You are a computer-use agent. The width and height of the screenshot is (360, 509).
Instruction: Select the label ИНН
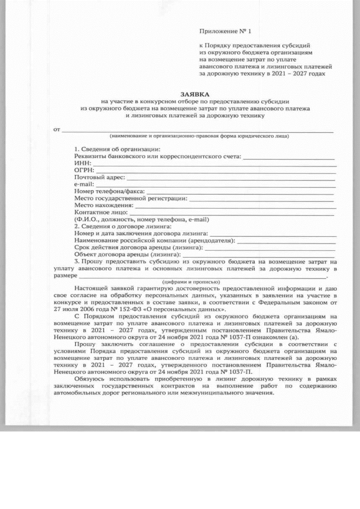point(82,163)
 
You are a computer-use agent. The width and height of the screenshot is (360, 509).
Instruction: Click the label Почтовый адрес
point(98,177)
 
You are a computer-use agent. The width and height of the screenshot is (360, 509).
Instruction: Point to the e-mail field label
point(84,184)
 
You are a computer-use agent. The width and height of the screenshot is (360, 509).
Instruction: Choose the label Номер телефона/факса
point(109,191)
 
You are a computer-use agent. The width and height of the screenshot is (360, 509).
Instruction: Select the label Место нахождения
point(102,206)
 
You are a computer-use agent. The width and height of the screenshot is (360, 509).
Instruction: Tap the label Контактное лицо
point(101,213)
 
